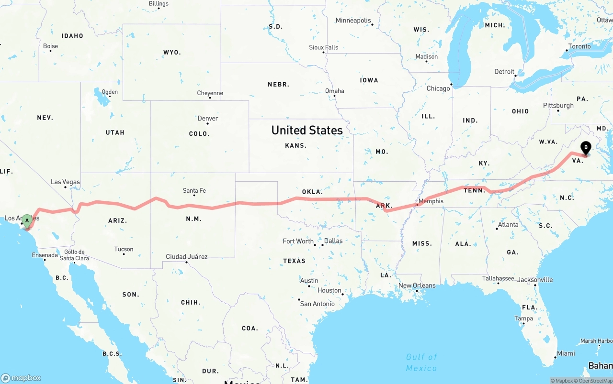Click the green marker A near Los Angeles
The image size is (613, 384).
[27, 220]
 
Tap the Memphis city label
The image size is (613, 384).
[431, 201]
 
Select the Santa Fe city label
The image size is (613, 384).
[194, 191]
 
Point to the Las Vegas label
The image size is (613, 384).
[66, 182]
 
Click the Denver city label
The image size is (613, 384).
[208, 119]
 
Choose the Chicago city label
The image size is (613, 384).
[438, 88]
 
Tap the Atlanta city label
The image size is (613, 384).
[508, 225]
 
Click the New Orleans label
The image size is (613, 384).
[417, 286]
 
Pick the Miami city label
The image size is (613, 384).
[566, 353]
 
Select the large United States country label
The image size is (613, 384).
[307, 130]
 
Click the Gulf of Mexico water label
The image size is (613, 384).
[421, 362]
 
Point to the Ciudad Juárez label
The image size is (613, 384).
[187, 257]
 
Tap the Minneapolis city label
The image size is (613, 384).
[353, 21]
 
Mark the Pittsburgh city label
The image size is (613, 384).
[558, 106]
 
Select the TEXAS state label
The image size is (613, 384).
[294, 261]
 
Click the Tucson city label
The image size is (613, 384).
[124, 249]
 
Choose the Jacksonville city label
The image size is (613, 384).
[535, 280]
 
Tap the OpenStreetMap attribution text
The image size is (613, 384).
[595, 381]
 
